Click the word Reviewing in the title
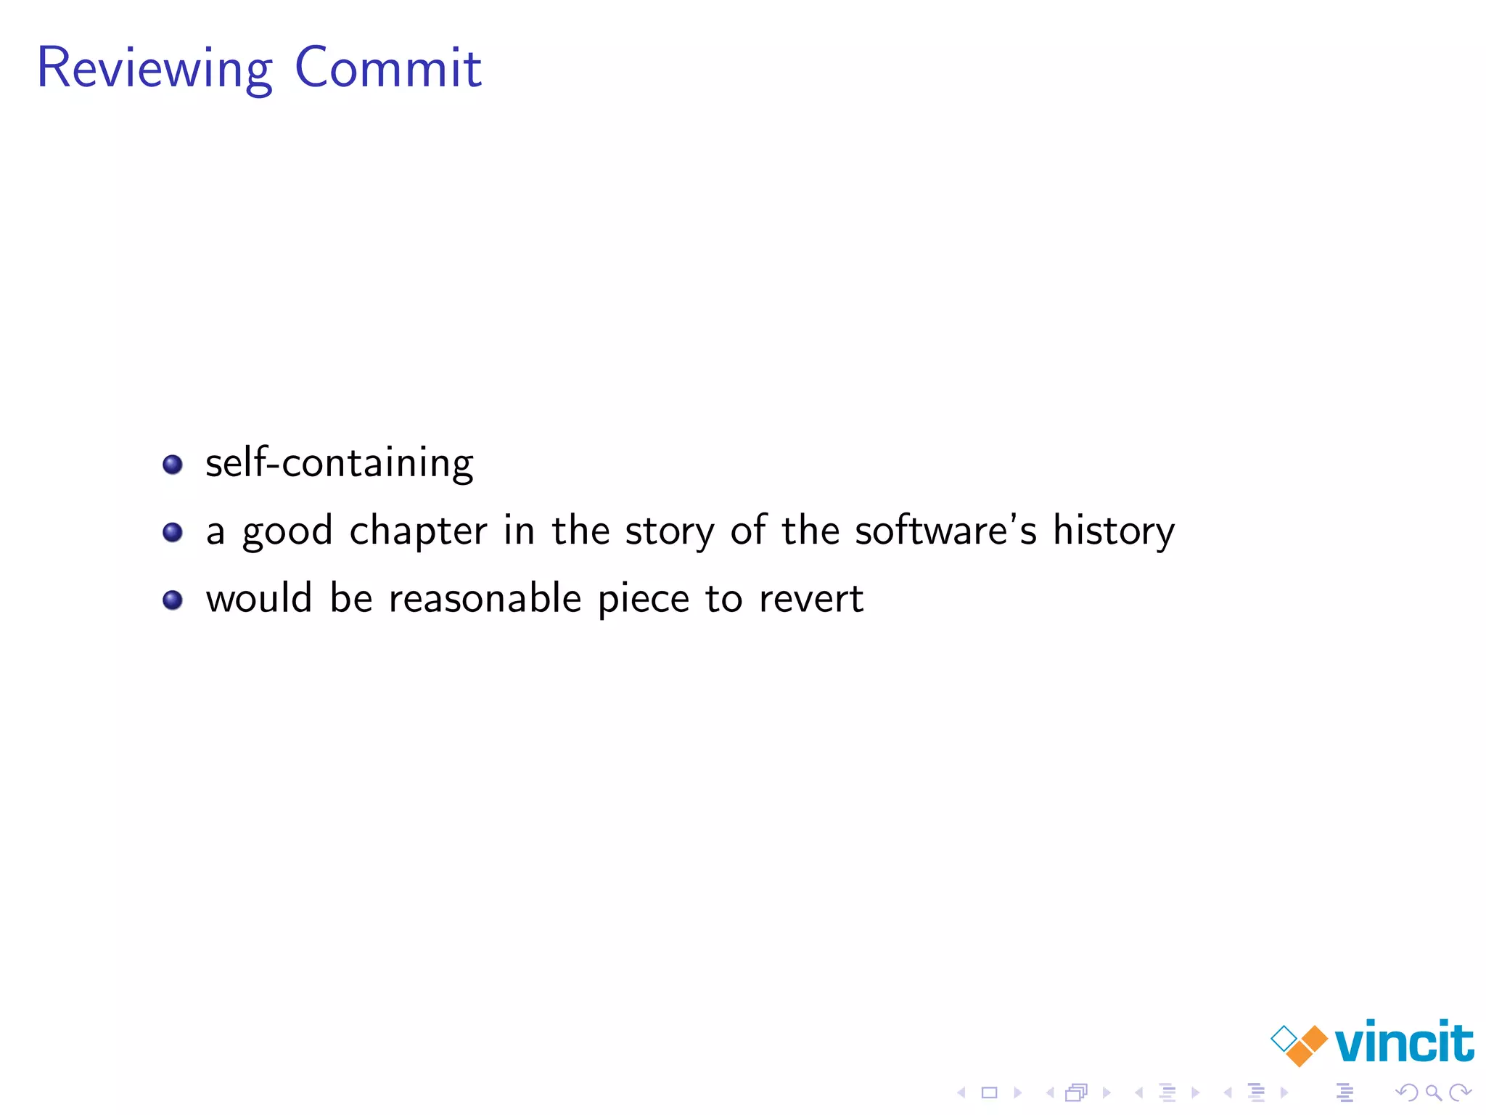[x=155, y=69]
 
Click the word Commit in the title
[x=388, y=68]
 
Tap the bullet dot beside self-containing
[x=173, y=464]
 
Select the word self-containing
[x=339, y=464]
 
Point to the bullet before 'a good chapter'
[x=173, y=532]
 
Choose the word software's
[x=945, y=531]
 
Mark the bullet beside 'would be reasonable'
[x=173, y=600]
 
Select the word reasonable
[x=485, y=599]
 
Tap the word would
[x=258, y=599]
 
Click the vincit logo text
[x=1403, y=1042]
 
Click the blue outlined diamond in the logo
[x=1284, y=1038]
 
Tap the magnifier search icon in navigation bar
[x=1433, y=1092]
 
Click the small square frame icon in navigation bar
[x=989, y=1092]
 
